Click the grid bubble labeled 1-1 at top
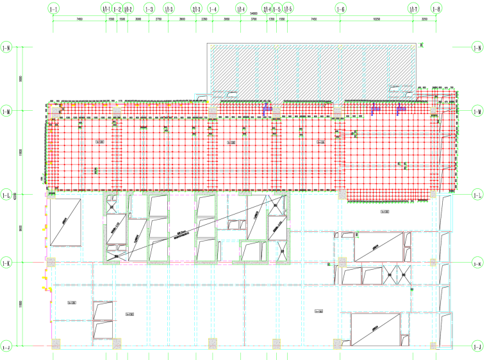[53, 9]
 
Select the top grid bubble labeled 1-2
[117, 9]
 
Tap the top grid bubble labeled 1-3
[149, 9]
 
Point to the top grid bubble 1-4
[213, 9]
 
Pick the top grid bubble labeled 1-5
[276, 9]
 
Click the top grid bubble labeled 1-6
[340, 9]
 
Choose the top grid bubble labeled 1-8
[436, 9]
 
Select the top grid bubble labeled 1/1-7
[414, 9]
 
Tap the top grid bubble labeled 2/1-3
[196, 9]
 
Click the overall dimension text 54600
[254, 13]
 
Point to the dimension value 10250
[377, 20]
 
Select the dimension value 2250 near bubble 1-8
[425, 20]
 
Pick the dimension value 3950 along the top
[227, 20]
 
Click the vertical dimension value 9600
[21, 228]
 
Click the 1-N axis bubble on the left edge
[7, 47]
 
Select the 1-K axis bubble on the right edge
[477, 263]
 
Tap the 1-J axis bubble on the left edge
[7, 347]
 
